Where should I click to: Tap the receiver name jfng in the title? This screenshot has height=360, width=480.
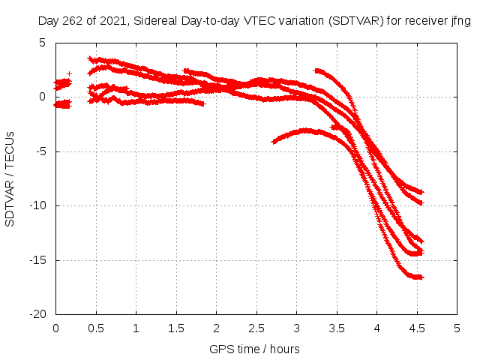click(x=459, y=21)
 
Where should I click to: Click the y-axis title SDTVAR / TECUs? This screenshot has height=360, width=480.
click(x=10, y=178)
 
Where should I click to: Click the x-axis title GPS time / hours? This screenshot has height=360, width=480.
click(x=255, y=349)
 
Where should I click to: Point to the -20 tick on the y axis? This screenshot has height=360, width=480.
click(x=40, y=314)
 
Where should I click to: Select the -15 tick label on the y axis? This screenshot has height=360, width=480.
click(x=40, y=260)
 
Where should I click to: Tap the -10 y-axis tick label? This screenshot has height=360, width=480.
click(x=40, y=205)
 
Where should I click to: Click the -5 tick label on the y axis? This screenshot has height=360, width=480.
click(x=43, y=151)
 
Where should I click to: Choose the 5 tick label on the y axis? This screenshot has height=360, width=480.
click(x=46, y=43)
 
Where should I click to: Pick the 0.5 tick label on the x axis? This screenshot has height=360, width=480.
click(x=95, y=328)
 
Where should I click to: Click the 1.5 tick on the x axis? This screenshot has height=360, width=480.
click(x=175, y=328)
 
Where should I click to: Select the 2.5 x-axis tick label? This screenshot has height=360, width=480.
click(x=256, y=328)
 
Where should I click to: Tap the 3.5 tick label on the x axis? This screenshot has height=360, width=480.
click(x=336, y=328)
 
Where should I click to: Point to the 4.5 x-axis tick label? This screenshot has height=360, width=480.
click(x=416, y=328)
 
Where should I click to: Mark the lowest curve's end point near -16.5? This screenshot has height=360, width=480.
click(x=421, y=277)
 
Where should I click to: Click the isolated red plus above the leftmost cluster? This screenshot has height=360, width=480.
click(x=69, y=73)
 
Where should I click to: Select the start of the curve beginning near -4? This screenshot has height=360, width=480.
click(x=273, y=141)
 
